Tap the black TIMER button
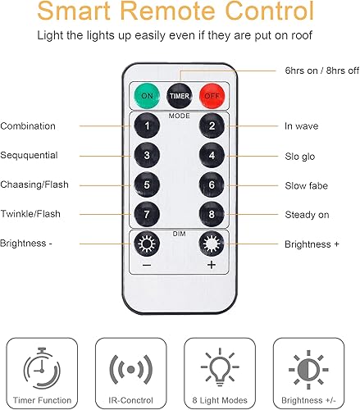pyautogui.click(x=180, y=95)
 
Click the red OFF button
pyautogui.click(x=212, y=95)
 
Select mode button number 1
pyautogui.click(x=148, y=126)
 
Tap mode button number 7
pyautogui.click(x=148, y=215)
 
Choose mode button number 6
pyautogui.click(x=212, y=185)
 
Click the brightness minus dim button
pyautogui.click(x=148, y=244)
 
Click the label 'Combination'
pyautogui.click(x=28, y=126)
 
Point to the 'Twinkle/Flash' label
pyautogui.click(x=30, y=215)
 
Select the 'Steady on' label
pyautogui.click(x=307, y=215)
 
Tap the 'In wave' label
pyautogui.click(x=301, y=126)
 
